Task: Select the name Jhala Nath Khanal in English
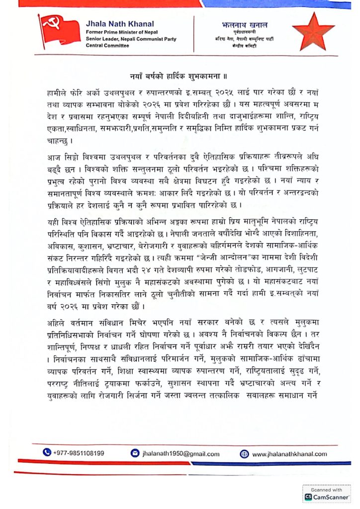coord(120,23)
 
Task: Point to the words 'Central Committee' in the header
coord(107,45)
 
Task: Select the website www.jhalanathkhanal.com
coord(289,453)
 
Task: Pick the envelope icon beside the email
coord(135,453)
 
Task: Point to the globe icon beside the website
coord(244,453)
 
